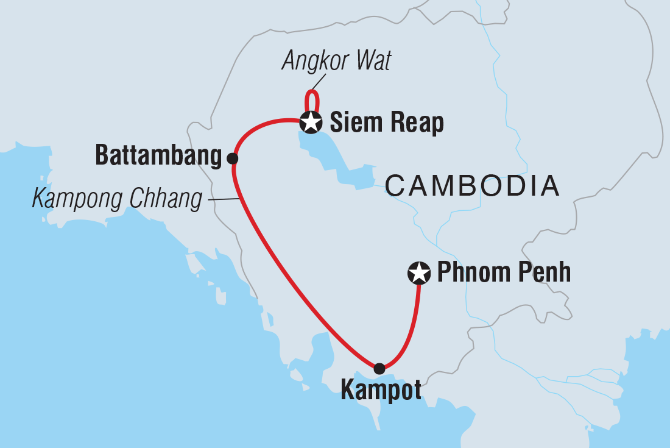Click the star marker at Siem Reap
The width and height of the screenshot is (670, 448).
click(311, 123)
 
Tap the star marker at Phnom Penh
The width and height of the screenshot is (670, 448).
click(418, 273)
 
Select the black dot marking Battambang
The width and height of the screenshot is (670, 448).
click(232, 158)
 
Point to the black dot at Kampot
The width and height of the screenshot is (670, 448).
click(379, 368)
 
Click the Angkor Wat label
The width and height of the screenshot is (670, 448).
click(336, 62)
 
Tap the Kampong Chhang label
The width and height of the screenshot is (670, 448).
click(116, 199)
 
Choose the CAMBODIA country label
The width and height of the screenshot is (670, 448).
click(472, 185)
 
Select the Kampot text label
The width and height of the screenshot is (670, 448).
click(381, 391)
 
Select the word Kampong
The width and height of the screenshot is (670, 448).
click(72, 199)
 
